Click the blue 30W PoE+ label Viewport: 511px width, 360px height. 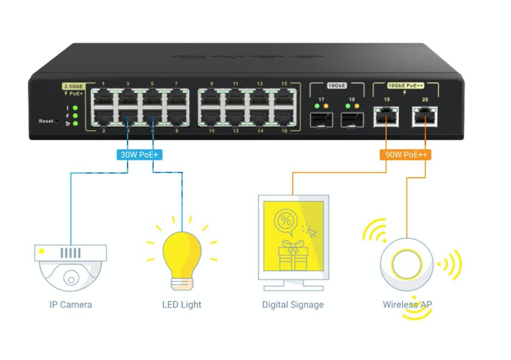point(140,154)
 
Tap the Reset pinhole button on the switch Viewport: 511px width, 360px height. point(58,121)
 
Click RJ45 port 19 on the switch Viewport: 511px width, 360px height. point(386,116)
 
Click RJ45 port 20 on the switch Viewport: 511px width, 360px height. point(424,116)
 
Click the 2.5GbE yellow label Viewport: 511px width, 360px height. point(72,86)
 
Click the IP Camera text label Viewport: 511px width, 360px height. point(70,304)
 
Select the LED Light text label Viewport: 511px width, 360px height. point(182,304)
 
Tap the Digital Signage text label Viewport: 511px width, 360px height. point(293,304)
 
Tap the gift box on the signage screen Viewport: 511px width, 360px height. point(292,255)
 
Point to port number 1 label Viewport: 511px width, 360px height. point(103,84)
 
